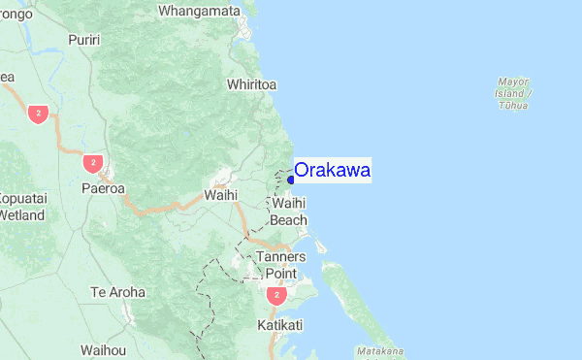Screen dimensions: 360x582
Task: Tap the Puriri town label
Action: click(84, 40)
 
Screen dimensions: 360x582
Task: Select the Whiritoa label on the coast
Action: click(251, 84)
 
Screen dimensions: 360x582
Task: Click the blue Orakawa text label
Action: click(332, 171)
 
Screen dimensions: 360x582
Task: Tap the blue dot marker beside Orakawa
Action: click(290, 179)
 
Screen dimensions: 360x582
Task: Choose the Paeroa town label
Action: click(103, 188)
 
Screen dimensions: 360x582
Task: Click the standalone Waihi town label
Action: click(221, 195)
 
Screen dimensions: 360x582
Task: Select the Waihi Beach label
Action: click(289, 213)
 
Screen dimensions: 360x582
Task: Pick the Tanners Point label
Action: click(281, 265)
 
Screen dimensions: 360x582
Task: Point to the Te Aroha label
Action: click(117, 292)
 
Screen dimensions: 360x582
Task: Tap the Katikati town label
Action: click(280, 324)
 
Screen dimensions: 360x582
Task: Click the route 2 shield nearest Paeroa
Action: click(92, 161)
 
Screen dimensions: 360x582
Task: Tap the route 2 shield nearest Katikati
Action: click(277, 294)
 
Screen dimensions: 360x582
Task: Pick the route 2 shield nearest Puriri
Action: click(38, 113)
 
